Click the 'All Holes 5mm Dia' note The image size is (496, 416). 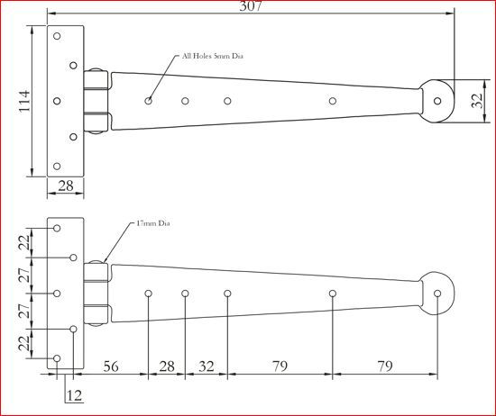pyautogui.click(x=213, y=56)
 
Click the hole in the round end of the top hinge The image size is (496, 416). pyautogui.click(x=438, y=100)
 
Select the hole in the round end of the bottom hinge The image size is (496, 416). pyautogui.click(x=438, y=294)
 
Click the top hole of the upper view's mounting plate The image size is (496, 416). pyautogui.click(x=57, y=37)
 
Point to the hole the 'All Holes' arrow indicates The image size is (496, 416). pyautogui.click(x=149, y=100)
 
